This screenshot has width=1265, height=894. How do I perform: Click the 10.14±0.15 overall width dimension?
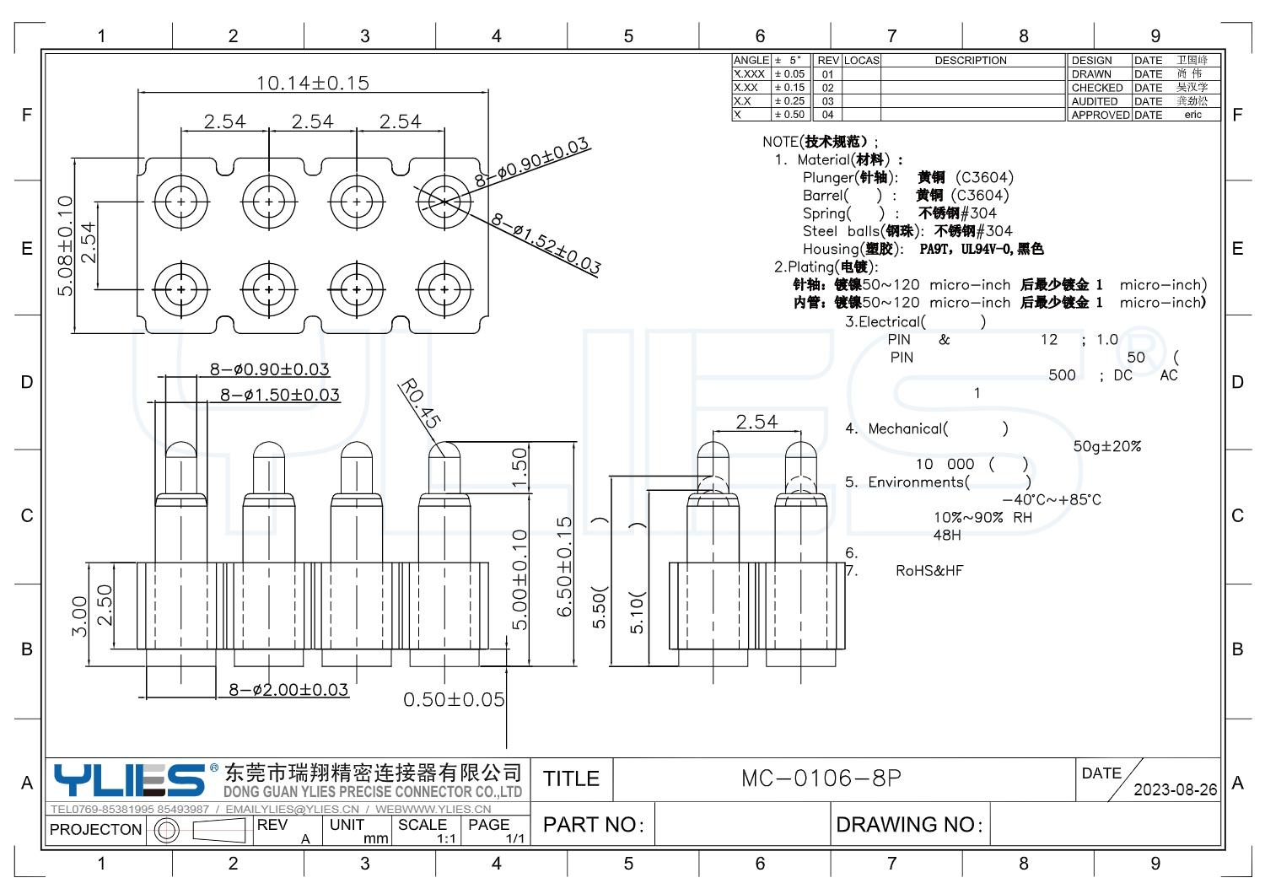click(313, 83)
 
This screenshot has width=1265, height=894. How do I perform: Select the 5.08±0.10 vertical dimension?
click(65, 245)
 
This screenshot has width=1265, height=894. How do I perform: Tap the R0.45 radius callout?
click(420, 403)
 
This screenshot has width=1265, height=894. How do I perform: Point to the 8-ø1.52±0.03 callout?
click(546, 244)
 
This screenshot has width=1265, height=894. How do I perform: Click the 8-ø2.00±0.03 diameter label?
click(288, 690)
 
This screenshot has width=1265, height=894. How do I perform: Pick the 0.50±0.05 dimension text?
click(454, 699)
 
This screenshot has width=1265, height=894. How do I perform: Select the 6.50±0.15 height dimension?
click(564, 566)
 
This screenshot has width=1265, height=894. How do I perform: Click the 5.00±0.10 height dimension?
click(519, 579)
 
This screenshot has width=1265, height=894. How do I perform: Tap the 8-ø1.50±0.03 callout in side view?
click(280, 395)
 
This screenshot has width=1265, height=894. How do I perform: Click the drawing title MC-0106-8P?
click(821, 778)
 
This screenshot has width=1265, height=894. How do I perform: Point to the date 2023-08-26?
click(1175, 789)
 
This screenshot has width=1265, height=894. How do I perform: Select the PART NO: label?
click(594, 824)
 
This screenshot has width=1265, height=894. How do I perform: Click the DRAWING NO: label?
click(909, 824)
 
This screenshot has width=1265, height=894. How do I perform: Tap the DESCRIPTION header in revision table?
click(971, 61)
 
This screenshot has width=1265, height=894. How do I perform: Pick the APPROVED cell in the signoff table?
click(1100, 115)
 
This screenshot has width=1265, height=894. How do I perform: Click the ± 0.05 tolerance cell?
click(790, 74)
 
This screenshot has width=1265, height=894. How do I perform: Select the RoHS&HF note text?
click(929, 571)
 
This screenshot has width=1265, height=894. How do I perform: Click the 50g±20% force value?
click(1106, 446)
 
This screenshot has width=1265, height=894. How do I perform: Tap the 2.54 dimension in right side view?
click(756, 422)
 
